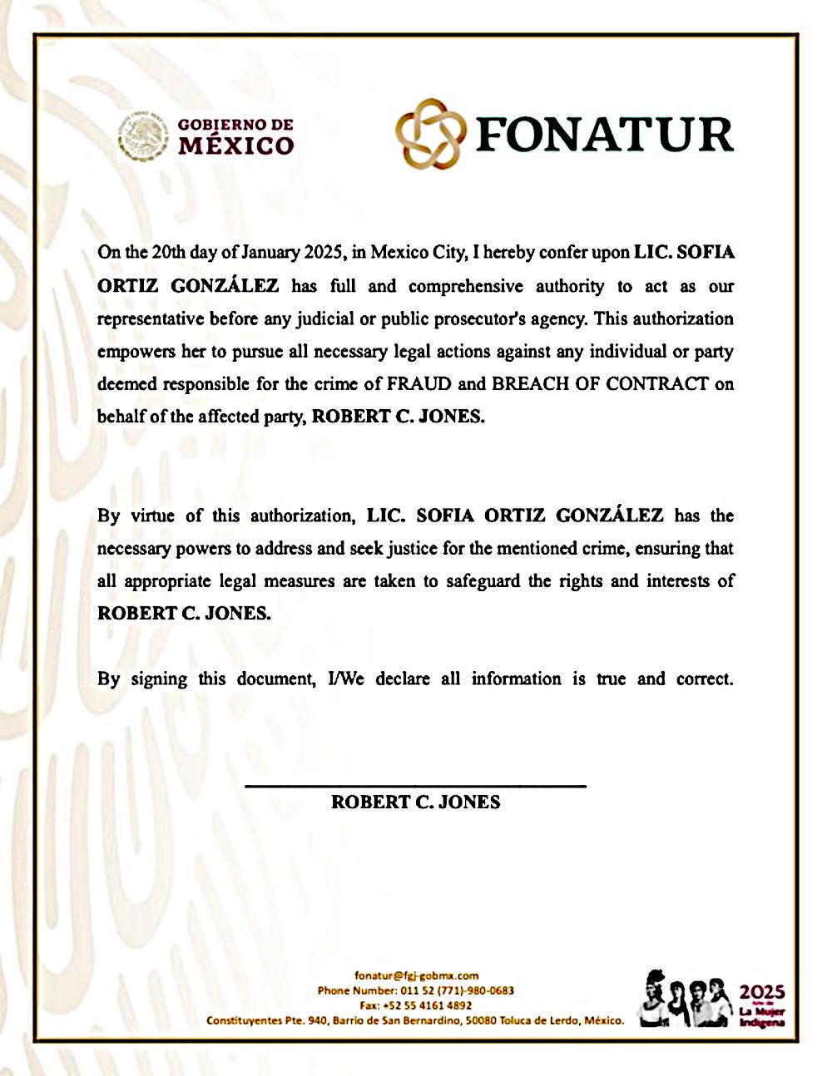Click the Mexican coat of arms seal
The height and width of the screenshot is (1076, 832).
(141, 134)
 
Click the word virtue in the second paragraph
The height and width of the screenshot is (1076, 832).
(151, 516)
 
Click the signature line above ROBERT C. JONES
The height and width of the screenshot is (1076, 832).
(415, 785)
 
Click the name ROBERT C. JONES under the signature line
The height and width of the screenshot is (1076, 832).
(415, 802)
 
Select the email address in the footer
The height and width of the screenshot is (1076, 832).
(416, 976)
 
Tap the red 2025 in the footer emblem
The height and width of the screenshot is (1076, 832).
(762, 991)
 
